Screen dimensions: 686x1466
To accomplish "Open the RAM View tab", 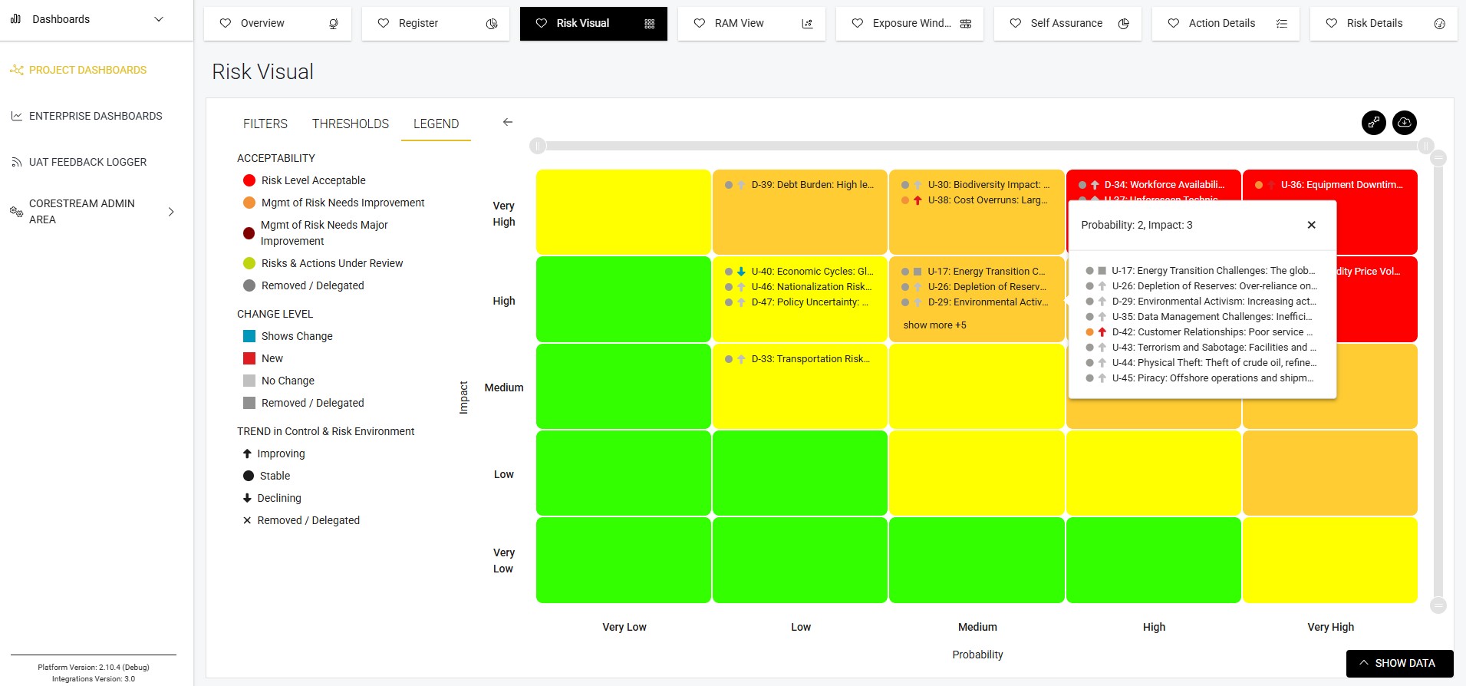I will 751,24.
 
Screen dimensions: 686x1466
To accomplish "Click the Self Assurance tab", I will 1067,24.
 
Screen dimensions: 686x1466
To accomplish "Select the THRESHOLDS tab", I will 351,124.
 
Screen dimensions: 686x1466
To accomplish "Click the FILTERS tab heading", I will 265,124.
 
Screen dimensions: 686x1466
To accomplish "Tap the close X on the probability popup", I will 1311,225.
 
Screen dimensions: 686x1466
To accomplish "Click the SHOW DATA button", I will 1399,663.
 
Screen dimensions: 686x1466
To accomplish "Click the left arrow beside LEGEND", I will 507,122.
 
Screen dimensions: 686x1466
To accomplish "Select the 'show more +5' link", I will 934,325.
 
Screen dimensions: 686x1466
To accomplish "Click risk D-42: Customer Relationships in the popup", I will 1212,332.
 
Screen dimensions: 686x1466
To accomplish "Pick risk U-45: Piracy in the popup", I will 1212,378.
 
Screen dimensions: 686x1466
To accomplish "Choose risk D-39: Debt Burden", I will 812,185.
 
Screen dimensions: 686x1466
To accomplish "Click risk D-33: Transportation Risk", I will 810,359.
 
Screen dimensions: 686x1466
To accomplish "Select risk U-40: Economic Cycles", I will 812,272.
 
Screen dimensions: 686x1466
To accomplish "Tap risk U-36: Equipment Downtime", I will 1341,185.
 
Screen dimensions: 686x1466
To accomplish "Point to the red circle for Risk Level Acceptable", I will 249,180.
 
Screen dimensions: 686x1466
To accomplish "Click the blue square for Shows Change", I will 249,336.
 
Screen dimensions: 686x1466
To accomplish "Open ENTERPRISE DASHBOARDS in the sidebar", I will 95,116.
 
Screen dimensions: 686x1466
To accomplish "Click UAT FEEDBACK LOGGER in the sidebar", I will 87,162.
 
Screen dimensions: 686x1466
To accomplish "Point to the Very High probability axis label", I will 1330,627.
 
